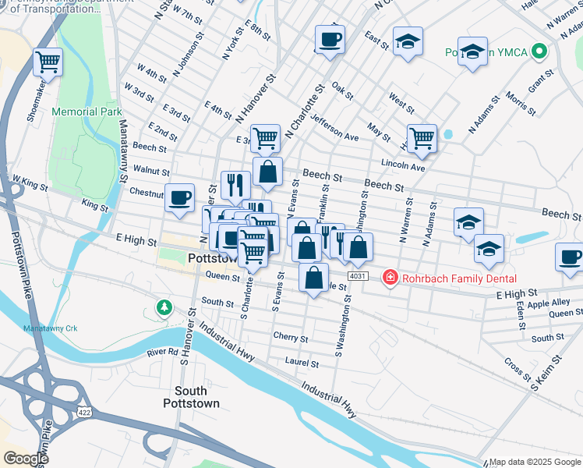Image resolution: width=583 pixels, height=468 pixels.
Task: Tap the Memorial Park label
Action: pos(87,112)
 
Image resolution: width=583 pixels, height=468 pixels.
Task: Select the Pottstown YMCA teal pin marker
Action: pos(537,52)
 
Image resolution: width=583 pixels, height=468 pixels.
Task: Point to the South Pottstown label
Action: pos(191,397)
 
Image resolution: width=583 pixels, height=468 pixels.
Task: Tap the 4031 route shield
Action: pos(358,276)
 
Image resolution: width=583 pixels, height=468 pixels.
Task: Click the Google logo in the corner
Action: pos(26,459)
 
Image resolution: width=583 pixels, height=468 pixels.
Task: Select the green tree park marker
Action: pos(164,307)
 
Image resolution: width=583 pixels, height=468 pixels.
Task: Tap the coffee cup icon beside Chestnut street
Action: pos(179,197)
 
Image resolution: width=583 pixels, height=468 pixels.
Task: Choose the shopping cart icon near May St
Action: pos(422,138)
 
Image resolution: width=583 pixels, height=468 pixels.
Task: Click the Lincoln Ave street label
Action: pos(403,166)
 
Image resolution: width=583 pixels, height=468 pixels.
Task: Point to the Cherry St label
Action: pos(291,337)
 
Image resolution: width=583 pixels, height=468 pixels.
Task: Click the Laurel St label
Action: pos(302,363)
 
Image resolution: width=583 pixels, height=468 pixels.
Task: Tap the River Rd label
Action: pos(162,353)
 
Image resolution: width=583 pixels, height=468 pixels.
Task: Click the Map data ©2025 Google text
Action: pos(535,462)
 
